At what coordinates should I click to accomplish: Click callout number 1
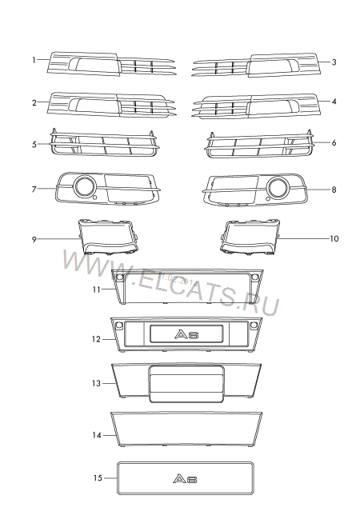tap(34, 60)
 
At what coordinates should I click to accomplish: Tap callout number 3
tap(334, 62)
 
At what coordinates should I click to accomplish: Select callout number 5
tap(34, 145)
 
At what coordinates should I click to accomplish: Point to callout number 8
tap(334, 190)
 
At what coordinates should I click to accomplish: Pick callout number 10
tap(334, 238)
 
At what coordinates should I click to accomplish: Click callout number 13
tap(96, 383)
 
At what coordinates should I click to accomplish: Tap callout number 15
tap(98, 478)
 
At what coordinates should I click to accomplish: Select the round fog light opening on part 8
tap(278, 186)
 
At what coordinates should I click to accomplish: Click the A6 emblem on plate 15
tap(185, 479)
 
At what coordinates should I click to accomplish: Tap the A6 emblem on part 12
tap(186, 334)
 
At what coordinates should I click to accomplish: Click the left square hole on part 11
tap(120, 277)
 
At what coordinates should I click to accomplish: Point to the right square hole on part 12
tap(254, 325)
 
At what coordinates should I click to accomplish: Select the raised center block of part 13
tap(186, 384)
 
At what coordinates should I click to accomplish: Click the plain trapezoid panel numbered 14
tap(186, 429)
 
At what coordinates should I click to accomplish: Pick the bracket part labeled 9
tap(109, 237)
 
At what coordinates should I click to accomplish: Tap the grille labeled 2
tap(111, 105)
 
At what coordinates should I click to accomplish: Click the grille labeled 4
tap(256, 106)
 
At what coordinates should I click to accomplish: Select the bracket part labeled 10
tap(250, 237)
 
